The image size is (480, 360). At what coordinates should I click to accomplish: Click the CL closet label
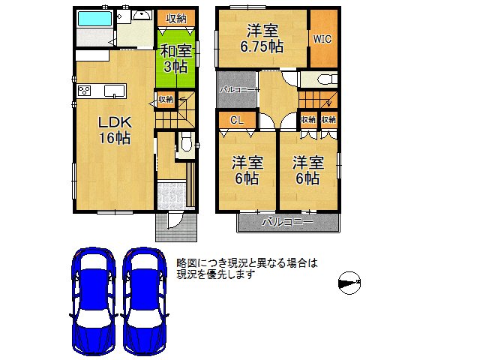[x=236, y=120]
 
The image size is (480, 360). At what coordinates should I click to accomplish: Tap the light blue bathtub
[x=94, y=19]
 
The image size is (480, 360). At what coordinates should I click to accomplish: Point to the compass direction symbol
[x=350, y=282]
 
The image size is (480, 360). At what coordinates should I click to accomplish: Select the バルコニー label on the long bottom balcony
[x=289, y=222]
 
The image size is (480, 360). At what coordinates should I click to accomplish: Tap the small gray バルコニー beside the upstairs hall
[x=235, y=90]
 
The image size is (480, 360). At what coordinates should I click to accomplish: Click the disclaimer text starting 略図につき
[x=247, y=268]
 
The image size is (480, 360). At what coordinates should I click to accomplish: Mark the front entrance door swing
[x=172, y=218]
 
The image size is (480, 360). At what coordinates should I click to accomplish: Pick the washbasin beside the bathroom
[x=140, y=16]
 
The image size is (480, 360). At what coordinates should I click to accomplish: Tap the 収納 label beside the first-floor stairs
[x=165, y=99]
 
